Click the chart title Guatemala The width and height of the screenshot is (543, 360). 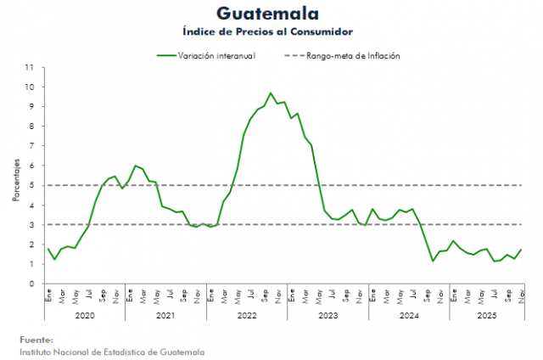click(267, 14)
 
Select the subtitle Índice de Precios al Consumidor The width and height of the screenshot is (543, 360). click(267, 31)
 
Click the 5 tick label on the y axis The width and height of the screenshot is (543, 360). click(32, 185)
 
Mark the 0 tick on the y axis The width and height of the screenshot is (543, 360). click(32, 284)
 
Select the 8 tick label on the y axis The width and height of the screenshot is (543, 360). click(32, 127)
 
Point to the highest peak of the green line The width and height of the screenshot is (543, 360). click(271, 93)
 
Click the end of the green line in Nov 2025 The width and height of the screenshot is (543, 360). click(521, 250)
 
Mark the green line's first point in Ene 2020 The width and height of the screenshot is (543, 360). click(48, 249)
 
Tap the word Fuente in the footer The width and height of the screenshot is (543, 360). click(36, 339)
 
